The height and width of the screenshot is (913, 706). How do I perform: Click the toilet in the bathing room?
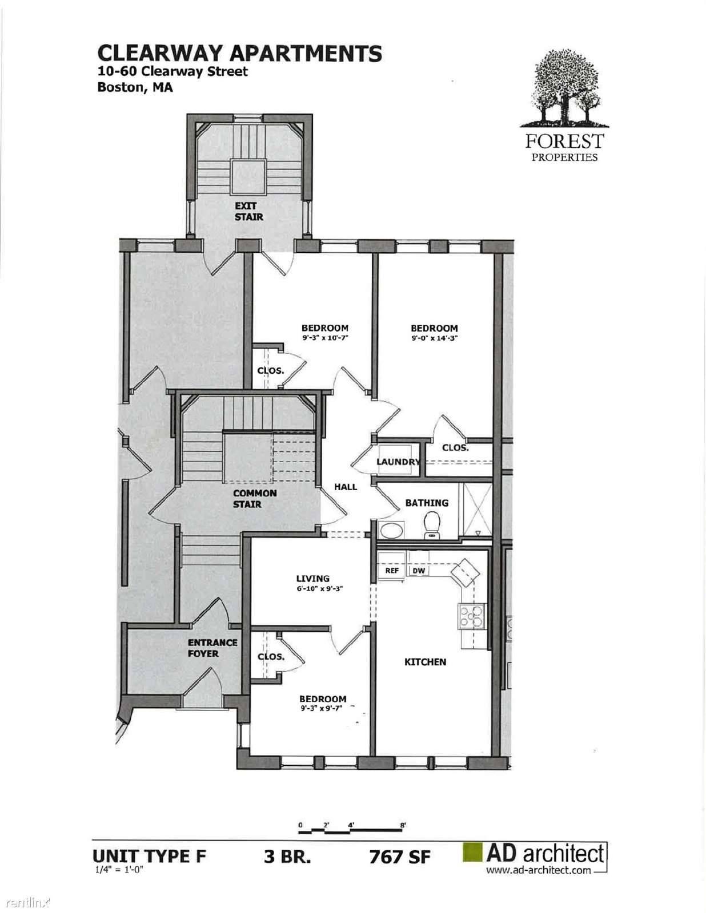click(x=432, y=525)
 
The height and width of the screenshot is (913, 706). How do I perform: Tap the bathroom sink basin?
click(x=392, y=530)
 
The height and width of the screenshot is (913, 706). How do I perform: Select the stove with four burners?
click(x=471, y=616)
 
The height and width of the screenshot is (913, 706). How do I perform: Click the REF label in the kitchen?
click(x=392, y=571)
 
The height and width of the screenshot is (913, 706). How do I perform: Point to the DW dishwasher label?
click(x=418, y=571)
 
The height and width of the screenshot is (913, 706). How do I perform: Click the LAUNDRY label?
click(x=398, y=462)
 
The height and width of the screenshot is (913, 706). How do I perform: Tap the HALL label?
click(x=346, y=487)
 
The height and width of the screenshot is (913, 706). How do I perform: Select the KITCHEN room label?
click(x=425, y=662)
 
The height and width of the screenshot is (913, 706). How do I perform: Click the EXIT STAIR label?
click(x=249, y=211)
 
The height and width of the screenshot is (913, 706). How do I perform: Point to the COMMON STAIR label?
click(x=255, y=498)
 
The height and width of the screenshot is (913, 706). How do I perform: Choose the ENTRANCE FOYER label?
click(x=212, y=648)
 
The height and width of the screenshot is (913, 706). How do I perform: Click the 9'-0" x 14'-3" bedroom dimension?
click(x=434, y=337)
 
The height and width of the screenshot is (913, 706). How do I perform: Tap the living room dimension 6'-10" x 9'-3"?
click(x=319, y=589)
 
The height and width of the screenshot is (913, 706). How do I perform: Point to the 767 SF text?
click(x=400, y=857)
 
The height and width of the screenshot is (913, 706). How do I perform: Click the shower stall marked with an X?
click(x=478, y=510)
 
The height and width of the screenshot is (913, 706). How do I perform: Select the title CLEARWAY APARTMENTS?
click(x=240, y=54)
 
